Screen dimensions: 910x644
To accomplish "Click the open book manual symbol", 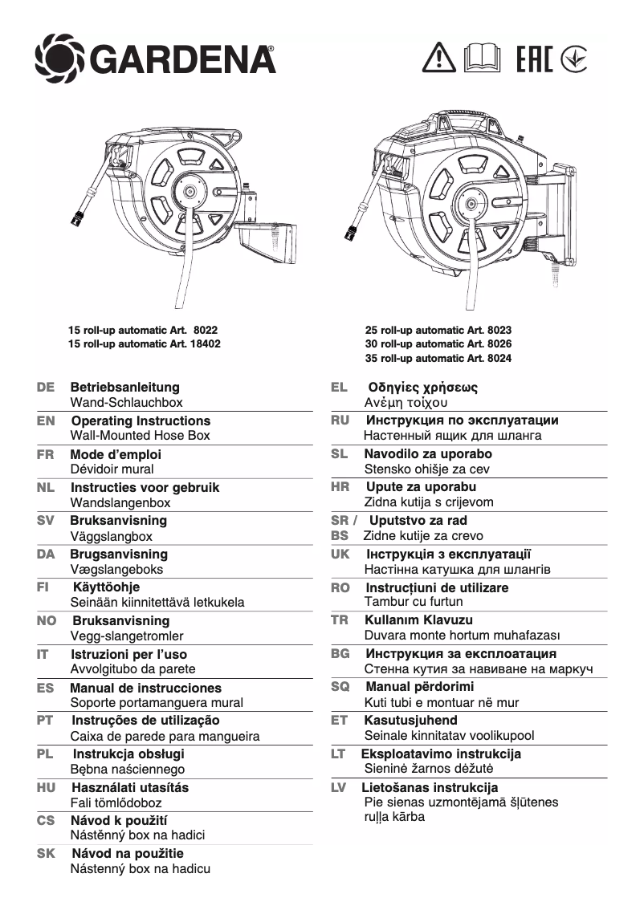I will (483, 57).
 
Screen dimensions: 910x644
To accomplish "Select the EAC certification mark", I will (533, 57).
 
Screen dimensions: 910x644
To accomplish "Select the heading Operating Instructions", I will (141, 420).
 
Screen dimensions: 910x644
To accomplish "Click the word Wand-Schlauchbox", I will (126, 403).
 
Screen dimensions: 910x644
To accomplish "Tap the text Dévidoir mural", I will (112, 469).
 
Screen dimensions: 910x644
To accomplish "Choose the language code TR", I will (340, 620).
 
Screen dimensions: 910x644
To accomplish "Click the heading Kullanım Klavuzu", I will (418, 620).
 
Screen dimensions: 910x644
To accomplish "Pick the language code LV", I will (339, 787).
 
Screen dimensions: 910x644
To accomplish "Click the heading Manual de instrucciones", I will (145, 688).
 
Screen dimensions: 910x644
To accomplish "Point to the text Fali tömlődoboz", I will (116, 802).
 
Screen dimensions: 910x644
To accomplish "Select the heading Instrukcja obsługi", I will (128, 754).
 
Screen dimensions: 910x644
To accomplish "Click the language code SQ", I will (340, 687).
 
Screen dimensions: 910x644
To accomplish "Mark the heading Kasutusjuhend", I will (410, 720).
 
